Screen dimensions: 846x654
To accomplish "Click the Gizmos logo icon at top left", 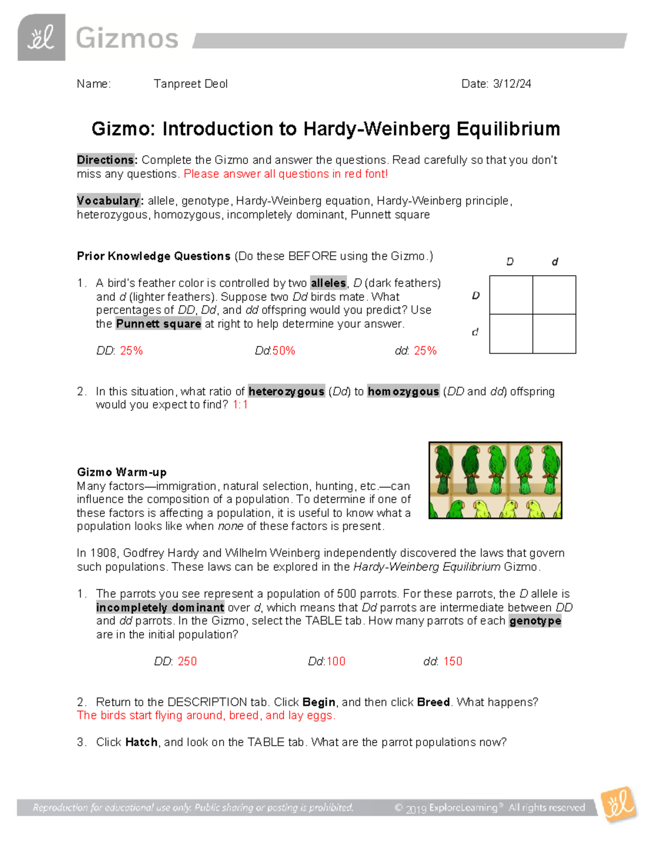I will coord(41,38).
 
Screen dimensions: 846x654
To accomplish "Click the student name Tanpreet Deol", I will coord(190,84).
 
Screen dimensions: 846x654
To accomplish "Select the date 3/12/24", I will coord(512,84).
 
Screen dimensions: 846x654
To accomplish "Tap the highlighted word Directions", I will coord(106,160).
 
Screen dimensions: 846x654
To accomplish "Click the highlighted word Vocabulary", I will coord(109,201).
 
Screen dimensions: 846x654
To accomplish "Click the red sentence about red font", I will coord(286,174).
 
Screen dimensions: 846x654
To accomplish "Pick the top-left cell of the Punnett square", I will coord(511,295).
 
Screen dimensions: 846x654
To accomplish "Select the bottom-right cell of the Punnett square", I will coord(554,333).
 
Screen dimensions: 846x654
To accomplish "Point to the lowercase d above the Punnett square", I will coord(555,262).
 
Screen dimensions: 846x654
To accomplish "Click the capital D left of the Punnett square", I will coord(476,296).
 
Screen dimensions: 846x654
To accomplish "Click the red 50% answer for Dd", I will coord(283,351).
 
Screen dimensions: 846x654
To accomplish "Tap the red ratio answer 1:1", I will coord(240,405).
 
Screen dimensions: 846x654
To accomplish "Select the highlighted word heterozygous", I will coord(287,392).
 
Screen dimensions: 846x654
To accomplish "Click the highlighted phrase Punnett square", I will coord(159,324).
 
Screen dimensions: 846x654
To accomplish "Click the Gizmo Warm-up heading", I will coord(122,472).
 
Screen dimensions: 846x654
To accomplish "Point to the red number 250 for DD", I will coord(187,661).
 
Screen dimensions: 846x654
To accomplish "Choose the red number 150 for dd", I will coord(452,661).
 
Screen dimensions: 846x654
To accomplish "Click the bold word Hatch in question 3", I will coord(141,742).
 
